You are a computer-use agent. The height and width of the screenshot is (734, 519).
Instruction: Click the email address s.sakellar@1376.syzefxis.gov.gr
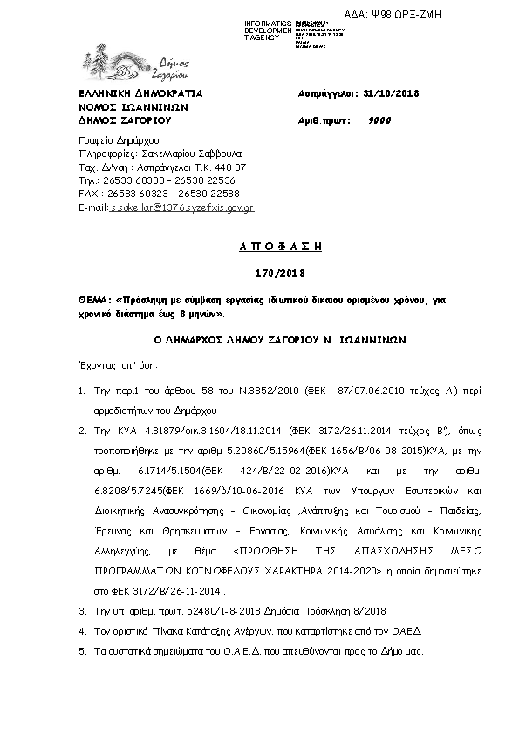pyautogui.click(x=181, y=208)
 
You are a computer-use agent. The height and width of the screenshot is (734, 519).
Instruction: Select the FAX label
pyautogui.click(x=87, y=194)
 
